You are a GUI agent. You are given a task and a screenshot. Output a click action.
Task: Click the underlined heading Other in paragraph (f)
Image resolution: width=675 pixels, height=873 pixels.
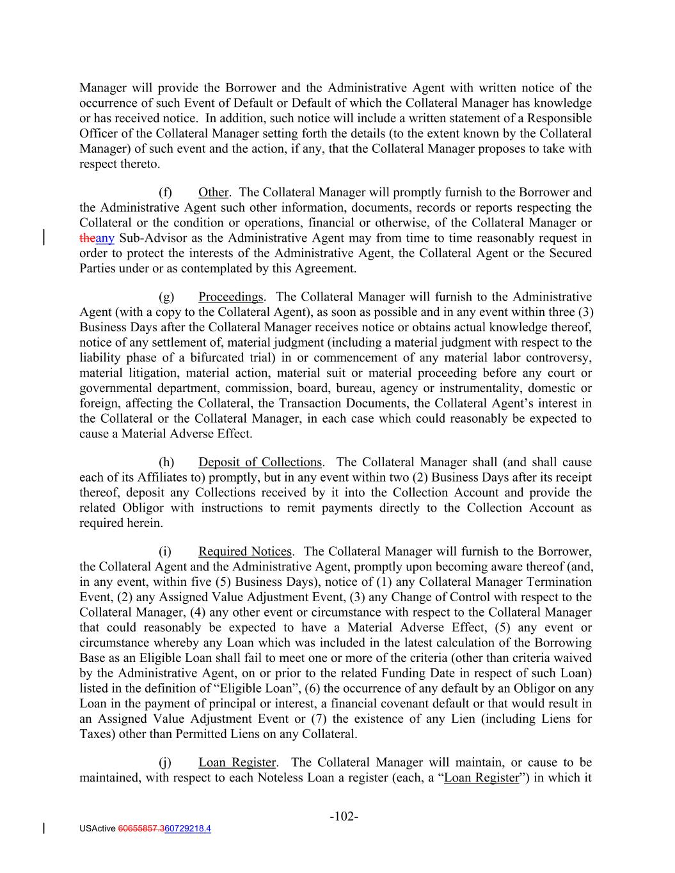click(213, 193)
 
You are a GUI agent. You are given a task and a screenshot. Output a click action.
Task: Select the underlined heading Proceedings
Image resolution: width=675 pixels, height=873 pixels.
click(230, 297)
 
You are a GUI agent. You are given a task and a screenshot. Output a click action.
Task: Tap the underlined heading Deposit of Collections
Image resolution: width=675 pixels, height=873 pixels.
click(260, 462)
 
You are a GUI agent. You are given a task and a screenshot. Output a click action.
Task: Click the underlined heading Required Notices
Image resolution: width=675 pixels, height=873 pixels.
click(245, 551)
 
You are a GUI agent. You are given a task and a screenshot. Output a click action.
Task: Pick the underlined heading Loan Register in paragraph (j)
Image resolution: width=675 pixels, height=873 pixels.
click(237, 762)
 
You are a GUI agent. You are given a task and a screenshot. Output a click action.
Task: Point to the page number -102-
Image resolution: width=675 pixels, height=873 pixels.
click(344, 817)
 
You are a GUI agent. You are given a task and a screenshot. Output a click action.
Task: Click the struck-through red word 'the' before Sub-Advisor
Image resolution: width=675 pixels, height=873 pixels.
click(87, 239)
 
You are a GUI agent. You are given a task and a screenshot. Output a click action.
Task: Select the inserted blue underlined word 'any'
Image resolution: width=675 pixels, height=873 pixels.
click(105, 239)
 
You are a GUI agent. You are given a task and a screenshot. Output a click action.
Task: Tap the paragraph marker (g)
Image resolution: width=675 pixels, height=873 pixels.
click(166, 297)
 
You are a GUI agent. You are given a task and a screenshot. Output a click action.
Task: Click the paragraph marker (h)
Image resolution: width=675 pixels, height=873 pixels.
click(166, 462)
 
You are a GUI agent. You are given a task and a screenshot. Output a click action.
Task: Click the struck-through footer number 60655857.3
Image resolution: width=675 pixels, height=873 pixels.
click(141, 829)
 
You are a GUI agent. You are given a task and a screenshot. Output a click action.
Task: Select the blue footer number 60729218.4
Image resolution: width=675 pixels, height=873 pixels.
click(188, 829)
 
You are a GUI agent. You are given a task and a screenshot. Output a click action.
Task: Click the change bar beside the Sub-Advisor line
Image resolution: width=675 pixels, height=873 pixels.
click(44, 236)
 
